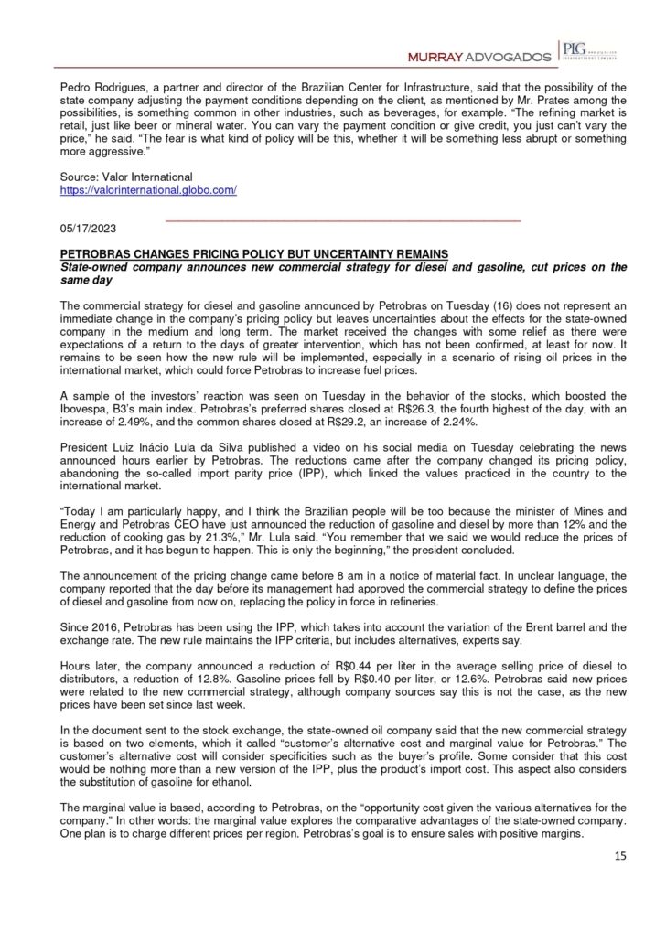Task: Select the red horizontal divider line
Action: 342,221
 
